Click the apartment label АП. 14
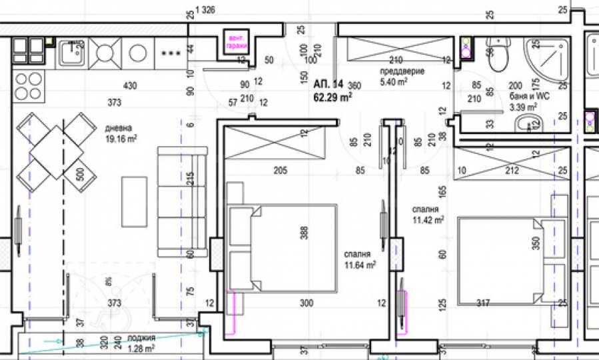[327, 84]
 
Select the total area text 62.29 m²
[332, 96]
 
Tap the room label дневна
[119, 128]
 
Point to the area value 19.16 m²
[121, 139]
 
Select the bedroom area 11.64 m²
[360, 265]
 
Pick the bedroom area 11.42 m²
[428, 219]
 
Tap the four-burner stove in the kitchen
[28, 85]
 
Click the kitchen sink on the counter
[71, 52]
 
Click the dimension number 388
[304, 233]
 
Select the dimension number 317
[483, 304]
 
